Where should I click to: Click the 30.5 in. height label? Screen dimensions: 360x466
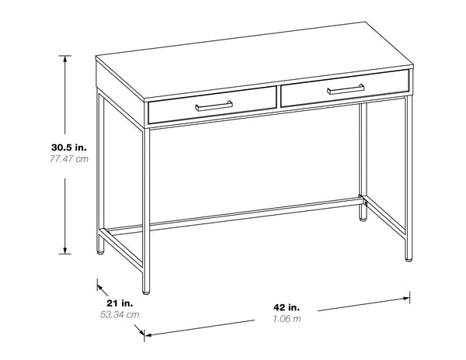69,147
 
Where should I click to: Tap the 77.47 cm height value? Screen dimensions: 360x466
69,159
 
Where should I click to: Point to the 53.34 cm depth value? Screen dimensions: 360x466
121,314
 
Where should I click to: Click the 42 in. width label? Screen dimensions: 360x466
287,306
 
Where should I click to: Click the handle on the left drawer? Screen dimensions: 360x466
214,104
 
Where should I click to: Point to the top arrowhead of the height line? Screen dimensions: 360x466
65,58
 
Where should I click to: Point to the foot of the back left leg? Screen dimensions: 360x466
99,252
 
